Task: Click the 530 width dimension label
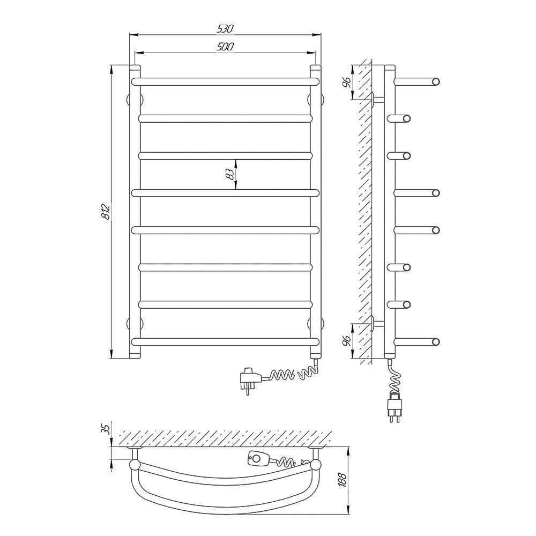[x=225, y=29]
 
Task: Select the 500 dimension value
[x=225, y=47]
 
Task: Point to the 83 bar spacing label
[x=230, y=174]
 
